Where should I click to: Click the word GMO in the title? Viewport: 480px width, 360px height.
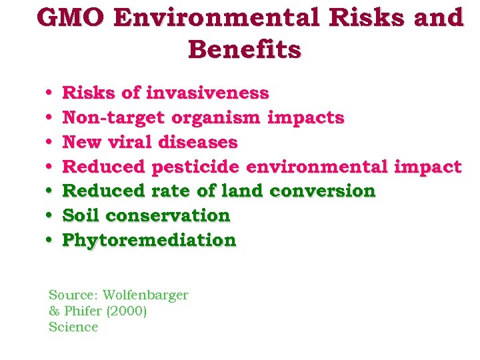pos(71,18)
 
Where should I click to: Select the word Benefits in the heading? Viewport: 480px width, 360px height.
pos(244,49)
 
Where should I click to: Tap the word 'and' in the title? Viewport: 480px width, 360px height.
pos(438,18)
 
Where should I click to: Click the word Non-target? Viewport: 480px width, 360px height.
pos(114,118)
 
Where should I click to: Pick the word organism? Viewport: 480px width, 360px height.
pos(217,118)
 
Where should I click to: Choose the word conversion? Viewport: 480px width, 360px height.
pos(323,191)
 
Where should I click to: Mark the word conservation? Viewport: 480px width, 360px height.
pos(167,215)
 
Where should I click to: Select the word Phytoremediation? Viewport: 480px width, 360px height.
pos(149,240)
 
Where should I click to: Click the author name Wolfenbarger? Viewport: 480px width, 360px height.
pos(145,295)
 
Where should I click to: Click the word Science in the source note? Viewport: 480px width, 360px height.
pos(73,327)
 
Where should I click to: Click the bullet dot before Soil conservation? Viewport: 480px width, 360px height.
pos(51,216)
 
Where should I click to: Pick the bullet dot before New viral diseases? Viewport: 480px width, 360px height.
pos(51,143)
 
